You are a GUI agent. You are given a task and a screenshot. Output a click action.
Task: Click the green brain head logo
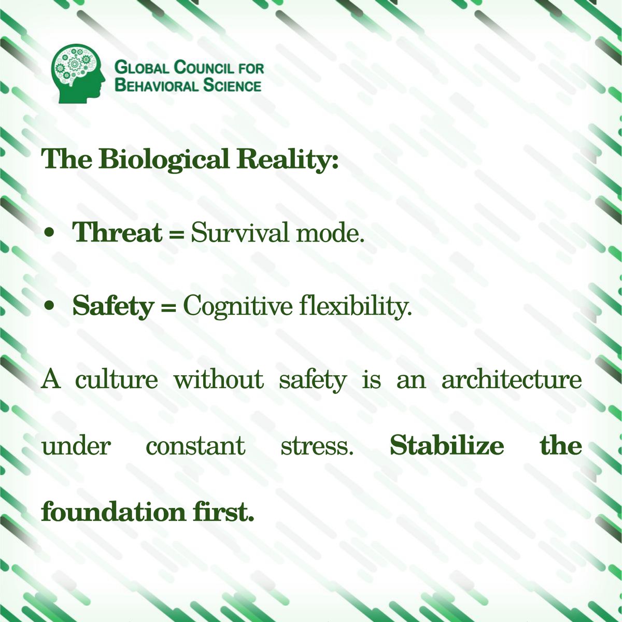79,73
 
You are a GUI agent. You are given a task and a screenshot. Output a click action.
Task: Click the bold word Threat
117,233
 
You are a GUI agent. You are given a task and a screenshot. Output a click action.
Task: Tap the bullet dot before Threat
50,234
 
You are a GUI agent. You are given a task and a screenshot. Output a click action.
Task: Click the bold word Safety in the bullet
113,306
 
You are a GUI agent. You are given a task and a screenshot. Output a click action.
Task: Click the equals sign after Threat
177,234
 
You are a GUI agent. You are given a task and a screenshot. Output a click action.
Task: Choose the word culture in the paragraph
116,379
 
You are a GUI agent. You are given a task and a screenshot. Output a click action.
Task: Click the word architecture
511,380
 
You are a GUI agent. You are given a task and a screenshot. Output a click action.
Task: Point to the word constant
195,446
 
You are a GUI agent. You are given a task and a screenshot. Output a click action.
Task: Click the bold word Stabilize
446,446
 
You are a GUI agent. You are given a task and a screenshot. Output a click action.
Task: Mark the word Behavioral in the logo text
156,86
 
